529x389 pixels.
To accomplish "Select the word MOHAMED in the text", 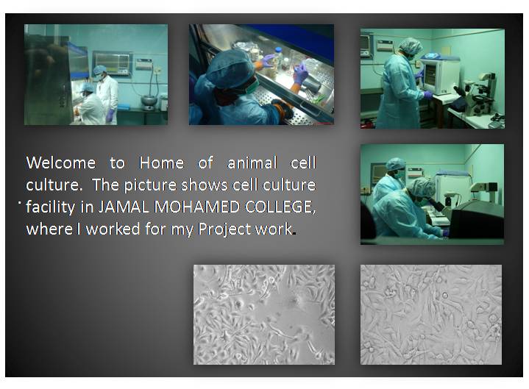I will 190,207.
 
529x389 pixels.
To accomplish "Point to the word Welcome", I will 61,163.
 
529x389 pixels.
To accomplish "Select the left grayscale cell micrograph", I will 263,315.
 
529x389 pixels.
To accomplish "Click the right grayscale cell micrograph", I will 430,315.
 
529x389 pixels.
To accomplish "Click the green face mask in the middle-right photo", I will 400,176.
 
